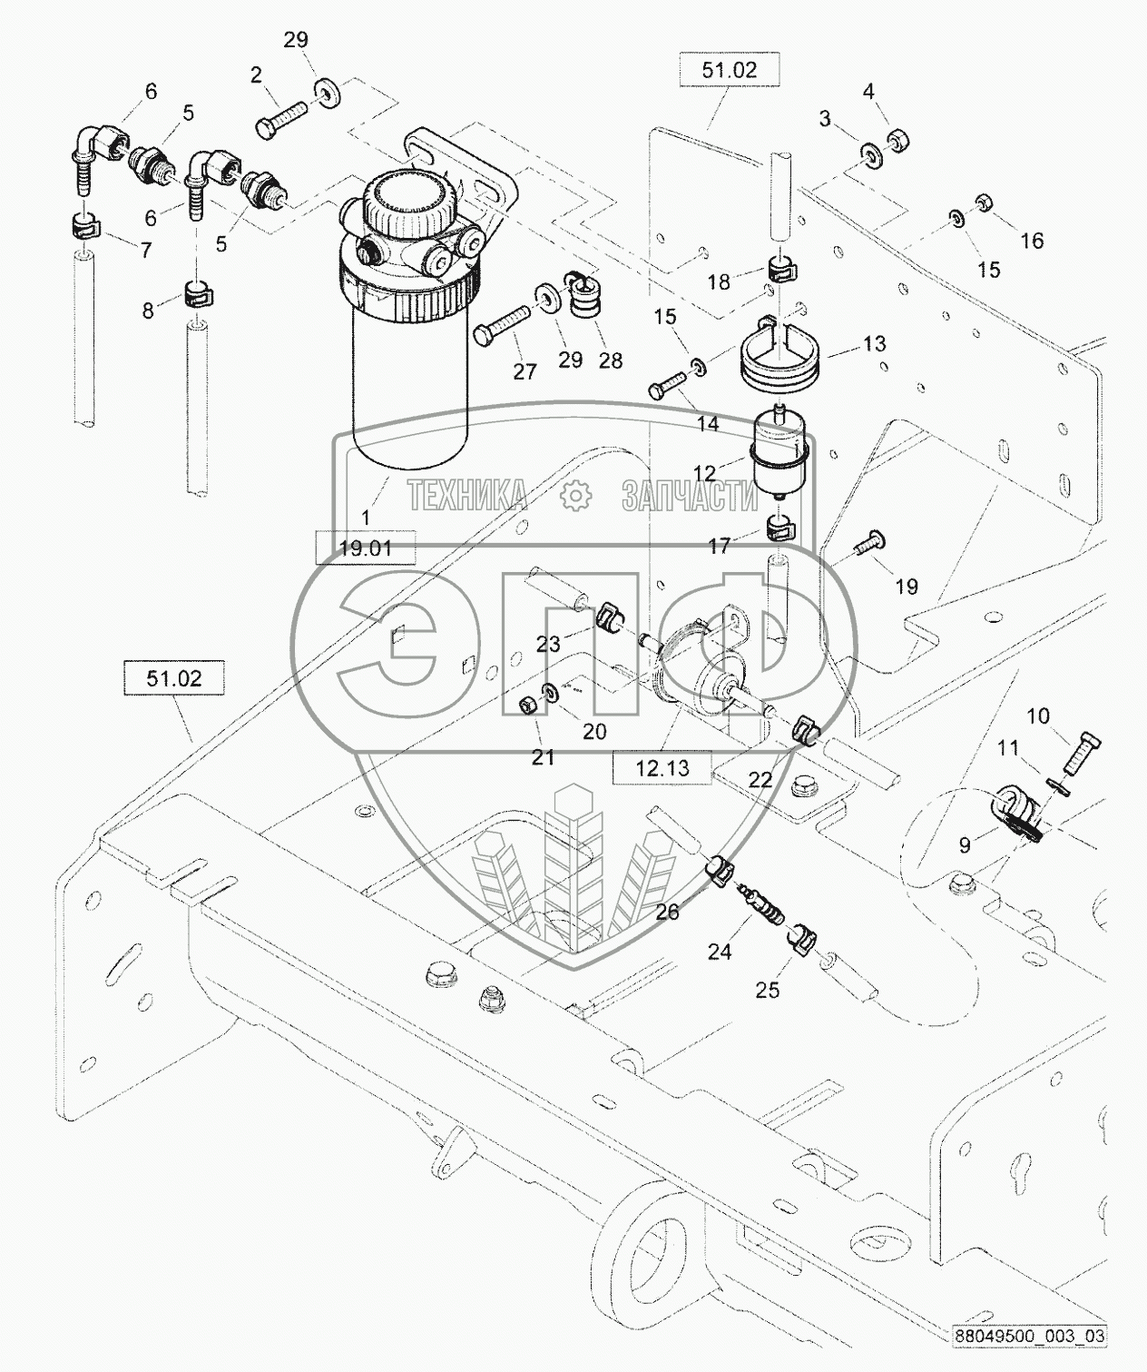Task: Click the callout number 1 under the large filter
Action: tap(367, 518)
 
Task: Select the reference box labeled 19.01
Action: tap(365, 548)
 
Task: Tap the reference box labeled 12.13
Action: tap(662, 767)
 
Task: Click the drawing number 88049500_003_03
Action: tap(1028, 1337)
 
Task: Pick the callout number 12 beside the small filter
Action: tap(705, 472)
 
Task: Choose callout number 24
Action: tap(720, 952)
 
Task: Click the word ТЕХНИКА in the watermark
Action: tap(466, 496)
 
